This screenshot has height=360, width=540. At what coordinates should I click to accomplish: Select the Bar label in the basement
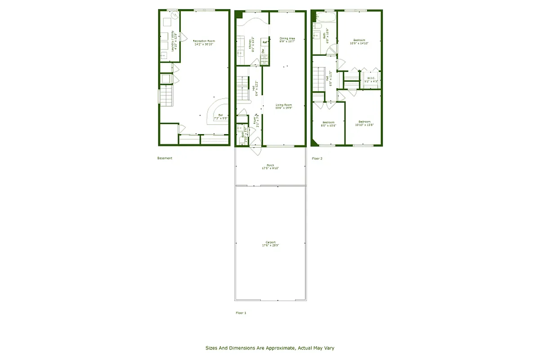[220, 116]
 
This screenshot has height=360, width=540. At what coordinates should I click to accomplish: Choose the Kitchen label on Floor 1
[251, 45]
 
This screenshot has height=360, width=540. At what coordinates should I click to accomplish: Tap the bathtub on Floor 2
[325, 18]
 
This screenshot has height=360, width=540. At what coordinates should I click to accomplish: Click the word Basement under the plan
[165, 158]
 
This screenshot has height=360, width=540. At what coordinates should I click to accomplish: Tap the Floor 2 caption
[317, 158]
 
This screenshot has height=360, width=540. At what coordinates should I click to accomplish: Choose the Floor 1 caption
[241, 312]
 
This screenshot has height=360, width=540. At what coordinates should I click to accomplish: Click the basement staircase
[167, 96]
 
